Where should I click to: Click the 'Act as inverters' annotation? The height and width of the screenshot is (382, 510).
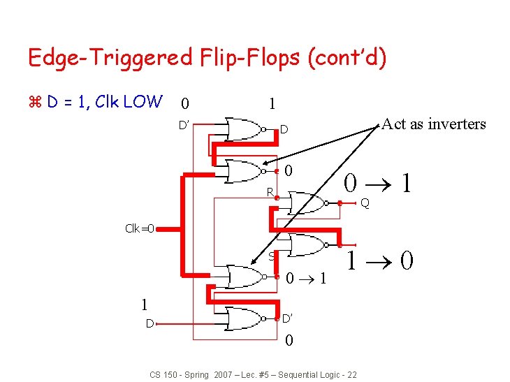point(434,124)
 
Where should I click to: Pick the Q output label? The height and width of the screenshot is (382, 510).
point(365,203)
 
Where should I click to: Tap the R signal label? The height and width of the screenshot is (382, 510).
point(269,192)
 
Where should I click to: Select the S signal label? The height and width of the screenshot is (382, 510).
point(271,256)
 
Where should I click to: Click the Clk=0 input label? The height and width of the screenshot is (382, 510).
point(140,228)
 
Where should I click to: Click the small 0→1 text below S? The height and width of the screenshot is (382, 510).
point(306,279)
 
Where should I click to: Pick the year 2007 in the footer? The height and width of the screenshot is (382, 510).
point(224,375)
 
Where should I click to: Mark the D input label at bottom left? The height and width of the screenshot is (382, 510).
point(150,323)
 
